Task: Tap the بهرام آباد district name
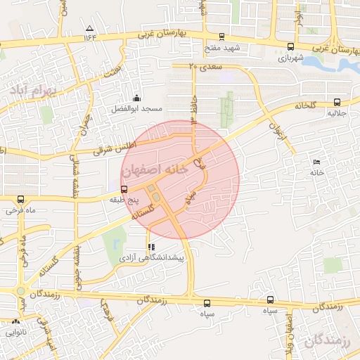click(x=32, y=90)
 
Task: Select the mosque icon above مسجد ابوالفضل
click(x=136, y=98)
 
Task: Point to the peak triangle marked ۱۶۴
click(x=89, y=29)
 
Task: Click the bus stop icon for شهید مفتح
click(x=222, y=37)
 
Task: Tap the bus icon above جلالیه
click(x=337, y=102)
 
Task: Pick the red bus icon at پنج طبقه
click(x=124, y=189)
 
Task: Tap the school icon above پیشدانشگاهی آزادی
click(x=151, y=247)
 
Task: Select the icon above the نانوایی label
click(x=15, y=320)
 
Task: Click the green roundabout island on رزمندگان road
click(x=20, y=291)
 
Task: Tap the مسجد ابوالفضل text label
click(x=136, y=110)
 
